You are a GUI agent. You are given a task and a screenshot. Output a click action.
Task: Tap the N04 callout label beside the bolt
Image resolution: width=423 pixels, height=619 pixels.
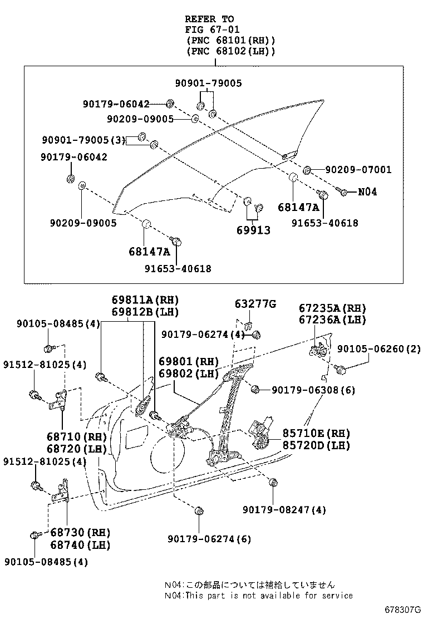click(367, 191)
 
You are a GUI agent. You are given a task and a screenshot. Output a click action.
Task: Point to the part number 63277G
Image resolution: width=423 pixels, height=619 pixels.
click(255, 303)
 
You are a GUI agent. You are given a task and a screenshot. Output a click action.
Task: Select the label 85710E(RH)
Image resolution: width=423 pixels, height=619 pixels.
click(317, 434)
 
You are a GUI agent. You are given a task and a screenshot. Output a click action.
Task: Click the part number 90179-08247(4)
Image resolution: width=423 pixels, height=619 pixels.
click(284, 509)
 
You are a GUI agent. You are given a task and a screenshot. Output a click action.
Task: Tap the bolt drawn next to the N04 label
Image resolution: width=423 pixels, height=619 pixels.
click(343, 192)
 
